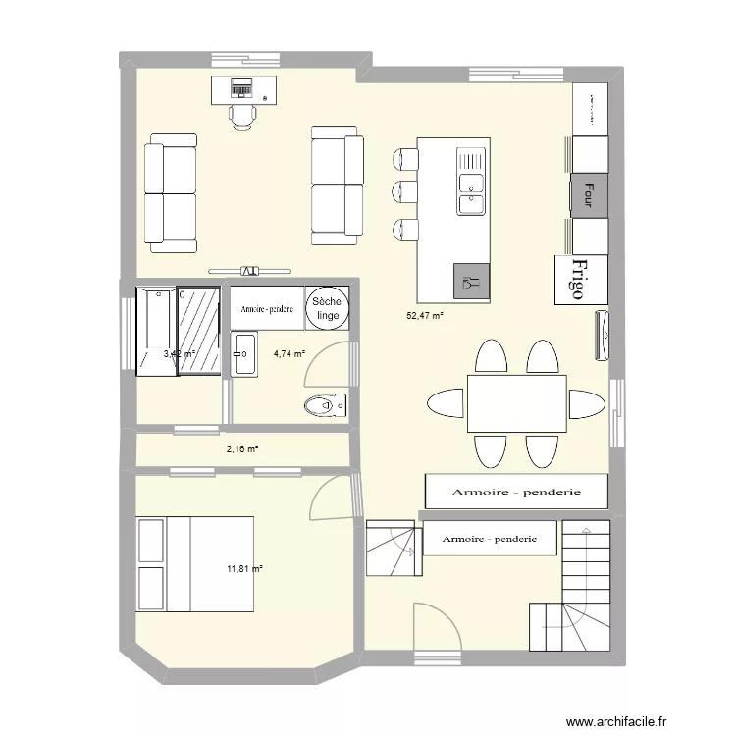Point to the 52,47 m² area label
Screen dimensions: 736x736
pos(425,316)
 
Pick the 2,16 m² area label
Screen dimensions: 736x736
pos(241,449)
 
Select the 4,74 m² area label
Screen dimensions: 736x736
pos(289,354)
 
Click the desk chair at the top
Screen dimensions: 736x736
pos(242,115)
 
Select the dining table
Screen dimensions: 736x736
pos(516,402)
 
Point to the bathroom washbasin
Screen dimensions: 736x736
pos(244,354)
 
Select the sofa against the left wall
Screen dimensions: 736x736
pos(171,192)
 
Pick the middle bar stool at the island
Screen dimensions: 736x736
pos(402,190)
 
